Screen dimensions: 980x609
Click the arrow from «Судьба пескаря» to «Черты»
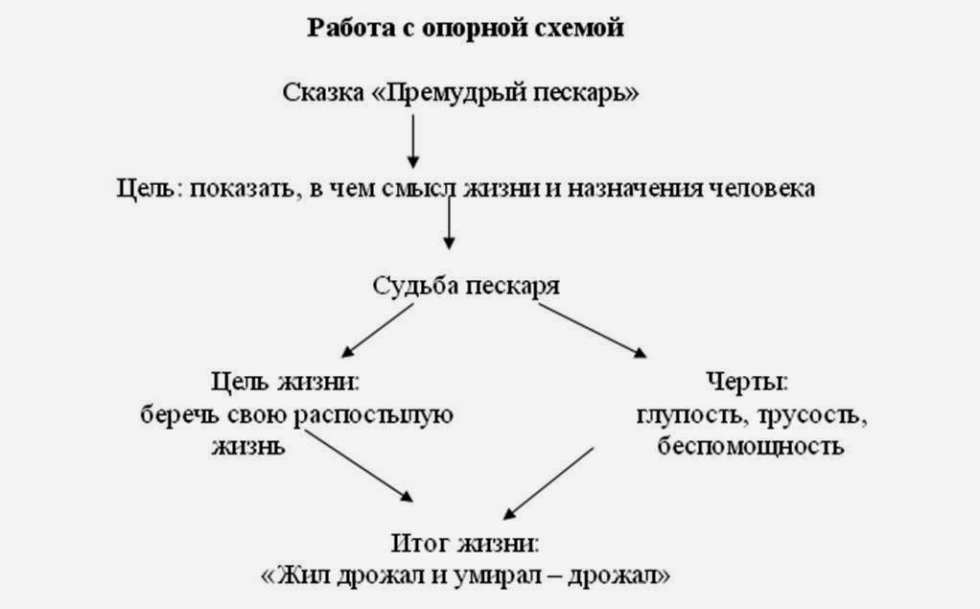pos(594,332)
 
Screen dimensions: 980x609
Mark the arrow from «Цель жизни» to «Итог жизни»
pos(360,466)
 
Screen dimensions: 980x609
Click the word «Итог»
pos(419,543)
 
